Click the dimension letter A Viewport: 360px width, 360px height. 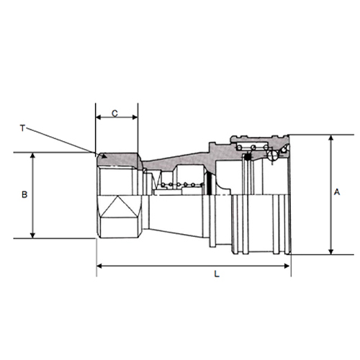click(x=337, y=192)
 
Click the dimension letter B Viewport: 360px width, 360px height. click(x=24, y=194)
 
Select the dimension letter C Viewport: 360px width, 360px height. click(x=115, y=113)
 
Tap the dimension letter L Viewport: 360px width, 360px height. click(x=217, y=274)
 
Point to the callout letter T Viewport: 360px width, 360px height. click(x=22, y=128)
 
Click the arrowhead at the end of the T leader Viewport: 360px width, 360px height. click(x=104, y=156)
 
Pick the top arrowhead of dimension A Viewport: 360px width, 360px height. click(x=331, y=138)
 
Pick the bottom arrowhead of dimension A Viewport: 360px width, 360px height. click(x=331, y=251)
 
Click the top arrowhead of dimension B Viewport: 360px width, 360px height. click(x=33, y=156)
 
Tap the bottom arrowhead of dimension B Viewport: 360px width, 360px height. click(x=33, y=235)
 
